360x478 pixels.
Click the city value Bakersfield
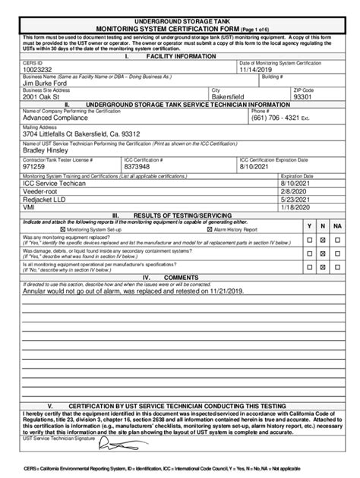click(234, 97)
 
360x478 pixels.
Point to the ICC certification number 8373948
click(140, 166)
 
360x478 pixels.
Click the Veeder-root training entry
click(43, 191)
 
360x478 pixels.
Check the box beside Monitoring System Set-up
click(62, 228)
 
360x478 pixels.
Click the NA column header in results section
click(337, 226)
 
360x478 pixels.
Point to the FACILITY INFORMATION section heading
click(180, 56)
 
